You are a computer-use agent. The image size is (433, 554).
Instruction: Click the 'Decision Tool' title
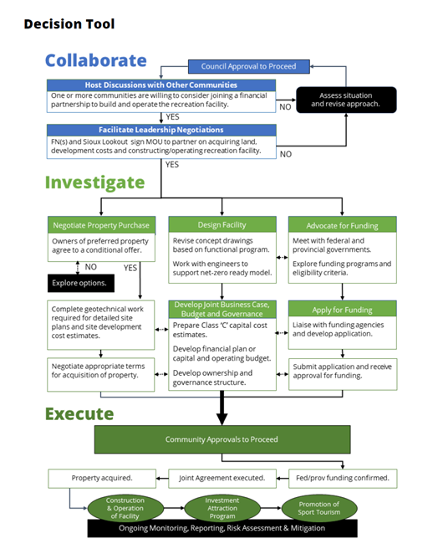click(x=69, y=23)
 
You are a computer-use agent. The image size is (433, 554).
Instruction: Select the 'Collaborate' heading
click(x=95, y=60)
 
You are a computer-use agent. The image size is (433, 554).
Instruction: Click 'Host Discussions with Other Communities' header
click(x=160, y=85)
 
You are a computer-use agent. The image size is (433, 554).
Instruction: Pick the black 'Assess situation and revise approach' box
click(x=346, y=99)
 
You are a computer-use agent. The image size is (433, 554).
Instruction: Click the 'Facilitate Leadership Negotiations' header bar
click(x=160, y=130)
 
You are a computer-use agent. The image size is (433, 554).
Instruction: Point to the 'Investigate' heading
click(x=94, y=182)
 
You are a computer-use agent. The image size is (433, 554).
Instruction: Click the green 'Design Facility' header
click(x=222, y=225)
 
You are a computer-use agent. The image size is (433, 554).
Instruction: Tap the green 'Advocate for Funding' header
click(x=342, y=225)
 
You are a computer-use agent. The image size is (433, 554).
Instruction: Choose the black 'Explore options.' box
click(x=83, y=283)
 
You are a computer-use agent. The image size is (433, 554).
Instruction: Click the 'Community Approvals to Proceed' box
click(x=222, y=439)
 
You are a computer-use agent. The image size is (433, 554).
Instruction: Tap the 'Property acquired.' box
click(x=101, y=479)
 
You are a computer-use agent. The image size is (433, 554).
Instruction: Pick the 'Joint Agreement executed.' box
click(x=222, y=479)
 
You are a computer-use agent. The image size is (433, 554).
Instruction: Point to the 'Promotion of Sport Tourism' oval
click(x=318, y=507)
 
